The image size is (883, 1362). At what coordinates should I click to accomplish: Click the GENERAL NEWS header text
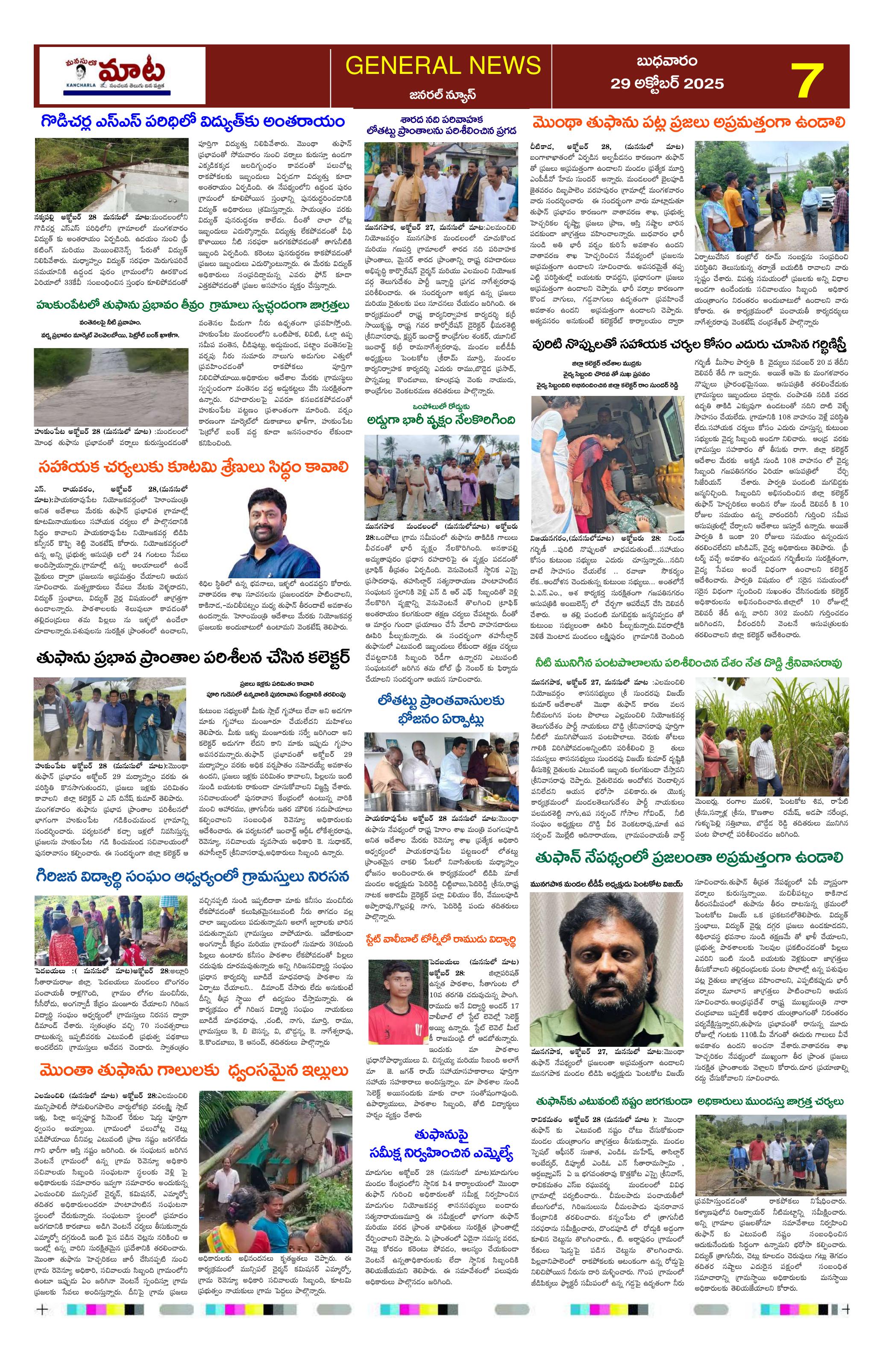point(443,65)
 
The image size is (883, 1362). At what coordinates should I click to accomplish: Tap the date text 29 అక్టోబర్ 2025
point(667,84)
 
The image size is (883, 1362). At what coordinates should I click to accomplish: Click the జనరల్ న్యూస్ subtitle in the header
point(443,94)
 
